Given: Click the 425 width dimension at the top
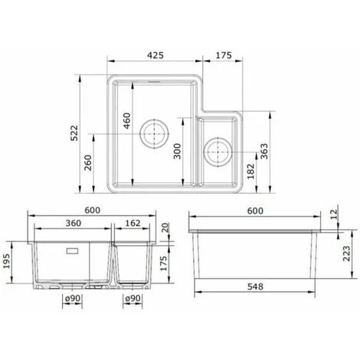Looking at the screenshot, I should [155, 56].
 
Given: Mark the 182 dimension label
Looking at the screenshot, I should [250, 171].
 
